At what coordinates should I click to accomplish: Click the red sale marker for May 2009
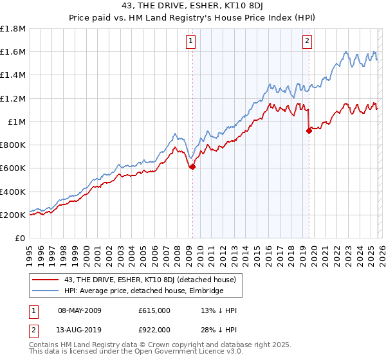click(x=192, y=166)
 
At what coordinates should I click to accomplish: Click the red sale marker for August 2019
click(x=309, y=130)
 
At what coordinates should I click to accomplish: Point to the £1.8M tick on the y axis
click(x=13, y=29)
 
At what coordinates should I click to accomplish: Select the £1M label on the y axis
click(x=16, y=122)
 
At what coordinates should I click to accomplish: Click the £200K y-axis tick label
click(x=13, y=215)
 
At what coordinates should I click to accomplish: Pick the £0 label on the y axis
click(x=21, y=239)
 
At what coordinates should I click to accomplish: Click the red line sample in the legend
click(x=44, y=280)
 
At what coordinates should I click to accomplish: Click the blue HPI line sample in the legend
click(x=44, y=291)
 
